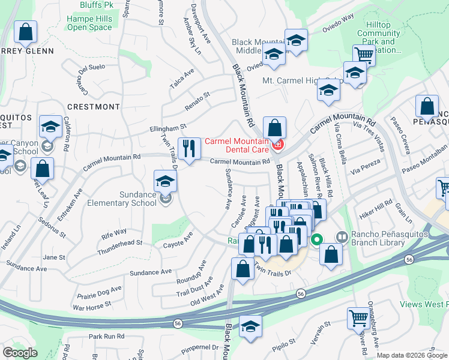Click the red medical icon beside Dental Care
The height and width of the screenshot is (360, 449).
click(x=277, y=144)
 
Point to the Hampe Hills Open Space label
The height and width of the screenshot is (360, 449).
click(x=89, y=23)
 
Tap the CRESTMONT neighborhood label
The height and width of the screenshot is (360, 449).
click(x=94, y=107)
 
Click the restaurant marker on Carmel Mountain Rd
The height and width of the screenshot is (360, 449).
click(x=190, y=148)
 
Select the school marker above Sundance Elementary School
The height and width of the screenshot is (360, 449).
click(x=166, y=181)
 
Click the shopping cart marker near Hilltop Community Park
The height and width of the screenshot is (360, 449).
click(x=363, y=56)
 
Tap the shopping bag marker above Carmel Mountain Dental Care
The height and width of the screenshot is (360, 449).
click(x=274, y=127)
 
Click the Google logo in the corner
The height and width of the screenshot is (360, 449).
click(x=20, y=353)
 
